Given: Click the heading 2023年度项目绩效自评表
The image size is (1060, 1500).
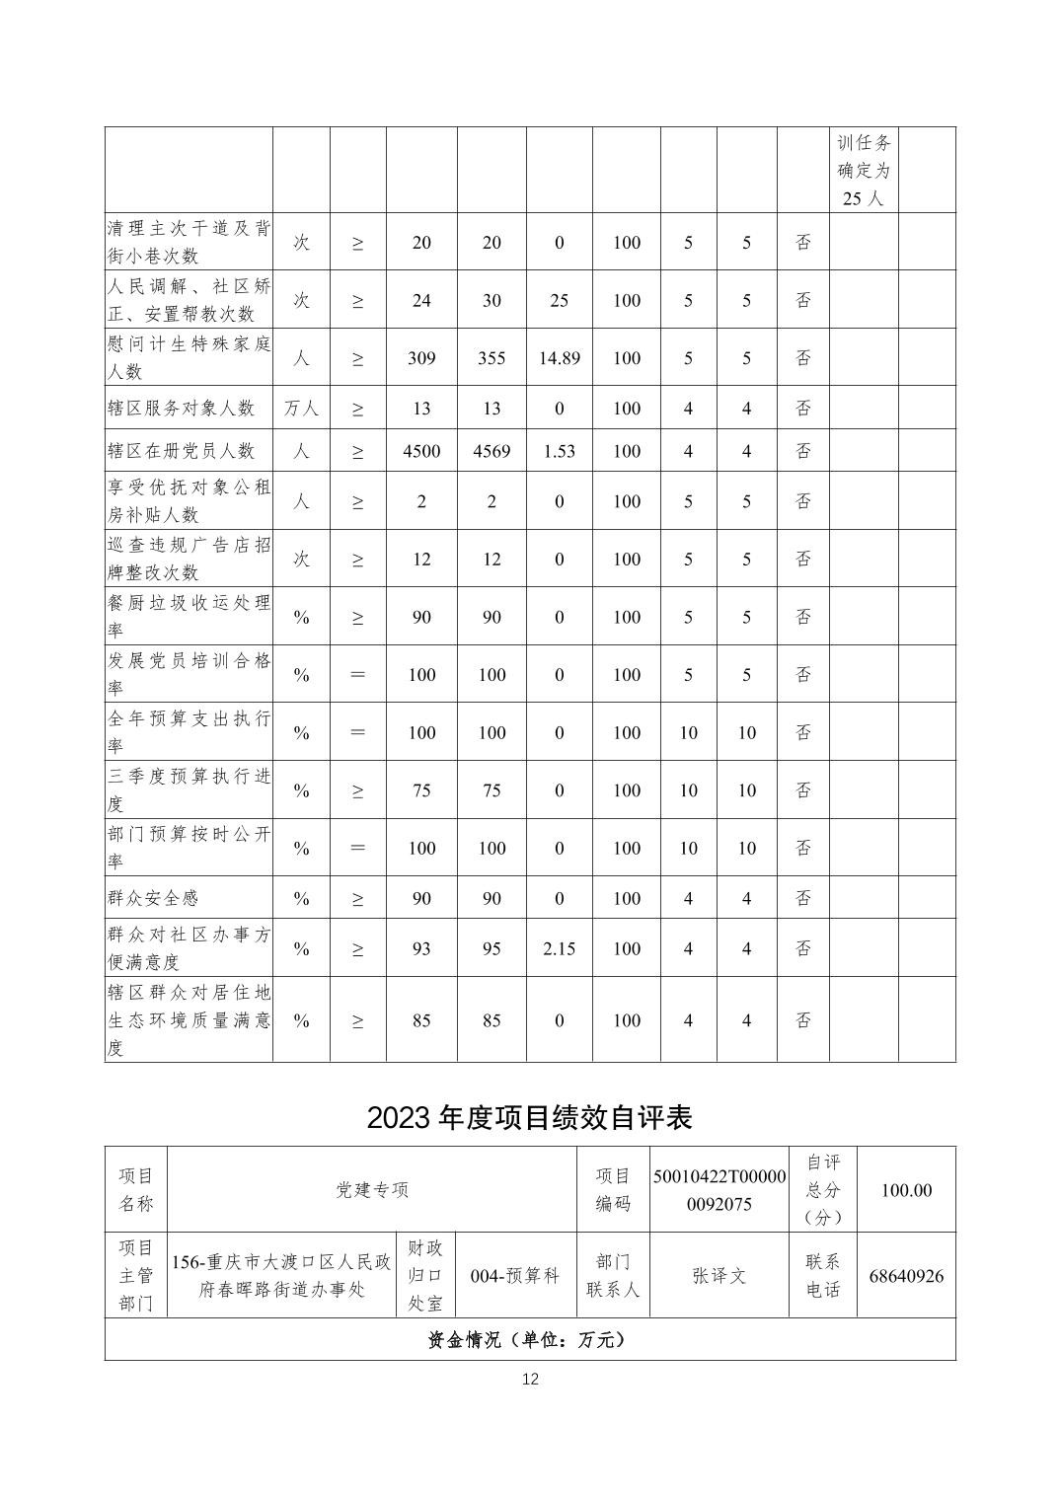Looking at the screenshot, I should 530,1117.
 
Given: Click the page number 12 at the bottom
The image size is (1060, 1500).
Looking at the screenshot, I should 530,1379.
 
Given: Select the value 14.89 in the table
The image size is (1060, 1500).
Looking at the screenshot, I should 559,358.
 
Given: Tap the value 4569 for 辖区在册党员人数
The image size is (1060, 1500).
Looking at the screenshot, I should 492,451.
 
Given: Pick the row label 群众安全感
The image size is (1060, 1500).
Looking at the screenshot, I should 153,898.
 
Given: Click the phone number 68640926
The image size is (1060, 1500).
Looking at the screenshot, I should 906,1276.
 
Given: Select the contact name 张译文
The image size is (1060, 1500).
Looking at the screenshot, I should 719,1276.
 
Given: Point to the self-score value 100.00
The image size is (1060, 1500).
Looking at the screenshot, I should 906,1190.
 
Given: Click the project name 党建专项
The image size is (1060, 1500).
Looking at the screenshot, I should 372,1190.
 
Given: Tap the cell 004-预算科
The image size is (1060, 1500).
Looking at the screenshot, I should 515,1276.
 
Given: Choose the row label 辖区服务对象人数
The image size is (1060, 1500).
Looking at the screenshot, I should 181,409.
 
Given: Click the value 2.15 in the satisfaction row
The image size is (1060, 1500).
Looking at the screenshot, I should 559,948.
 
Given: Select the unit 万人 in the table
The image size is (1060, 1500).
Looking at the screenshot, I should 301,409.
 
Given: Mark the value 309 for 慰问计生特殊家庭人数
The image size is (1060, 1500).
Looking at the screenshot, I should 421,358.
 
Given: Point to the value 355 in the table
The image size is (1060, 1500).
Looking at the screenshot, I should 492,358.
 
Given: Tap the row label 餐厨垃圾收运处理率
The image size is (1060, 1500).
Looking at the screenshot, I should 189,616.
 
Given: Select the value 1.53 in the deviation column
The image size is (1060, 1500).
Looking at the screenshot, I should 559,451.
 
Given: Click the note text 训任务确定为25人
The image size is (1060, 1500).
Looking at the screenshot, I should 864,171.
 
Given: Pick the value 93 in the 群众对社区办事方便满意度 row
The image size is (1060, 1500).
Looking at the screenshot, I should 421,948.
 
